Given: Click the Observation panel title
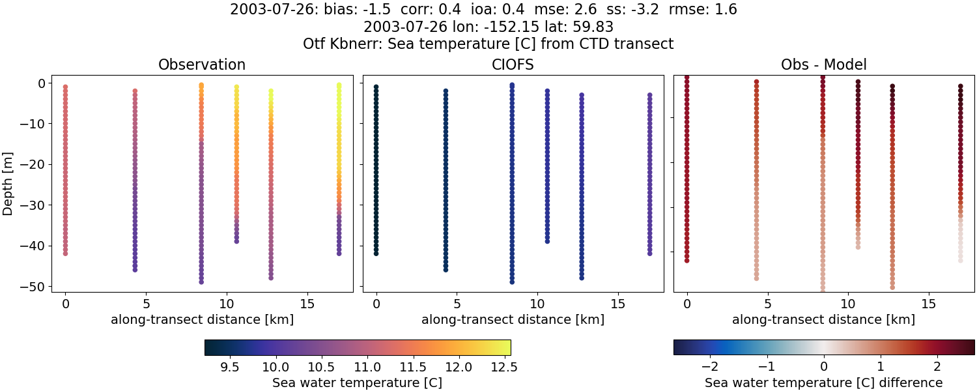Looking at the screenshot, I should [x=202, y=65].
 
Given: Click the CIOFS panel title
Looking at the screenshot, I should [x=513, y=65].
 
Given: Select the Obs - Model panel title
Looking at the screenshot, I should [x=823, y=65].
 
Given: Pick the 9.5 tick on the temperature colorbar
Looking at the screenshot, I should [x=230, y=367].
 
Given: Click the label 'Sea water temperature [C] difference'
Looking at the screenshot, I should [x=823, y=383].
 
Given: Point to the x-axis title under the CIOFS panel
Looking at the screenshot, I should [x=513, y=319].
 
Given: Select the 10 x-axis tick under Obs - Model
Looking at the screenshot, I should [x=848, y=304].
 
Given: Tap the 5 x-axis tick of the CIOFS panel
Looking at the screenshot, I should [x=457, y=304].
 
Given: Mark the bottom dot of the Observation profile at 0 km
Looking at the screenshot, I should [x=65, y=253].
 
